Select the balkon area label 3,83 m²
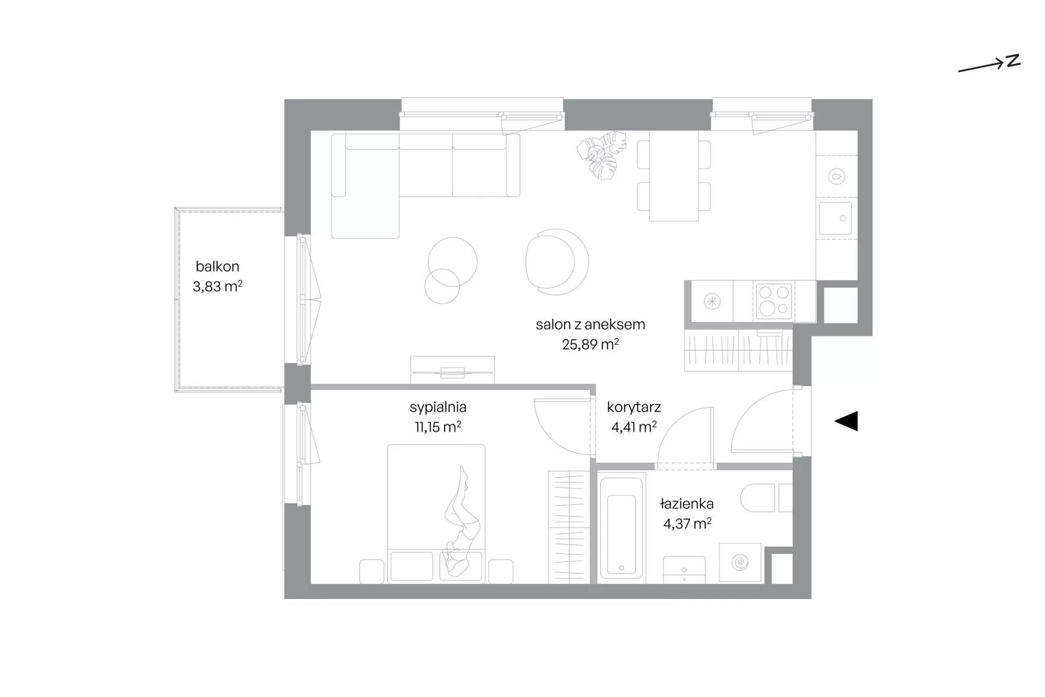217,286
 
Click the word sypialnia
438,407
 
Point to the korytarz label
634,407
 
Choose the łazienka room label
687,504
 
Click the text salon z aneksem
591,325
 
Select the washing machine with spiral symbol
740,562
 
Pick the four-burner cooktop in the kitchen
774,301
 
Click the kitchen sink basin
835,218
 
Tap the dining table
674,176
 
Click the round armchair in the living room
557,262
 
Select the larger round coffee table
452,262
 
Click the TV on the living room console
452,372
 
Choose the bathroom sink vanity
684,570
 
